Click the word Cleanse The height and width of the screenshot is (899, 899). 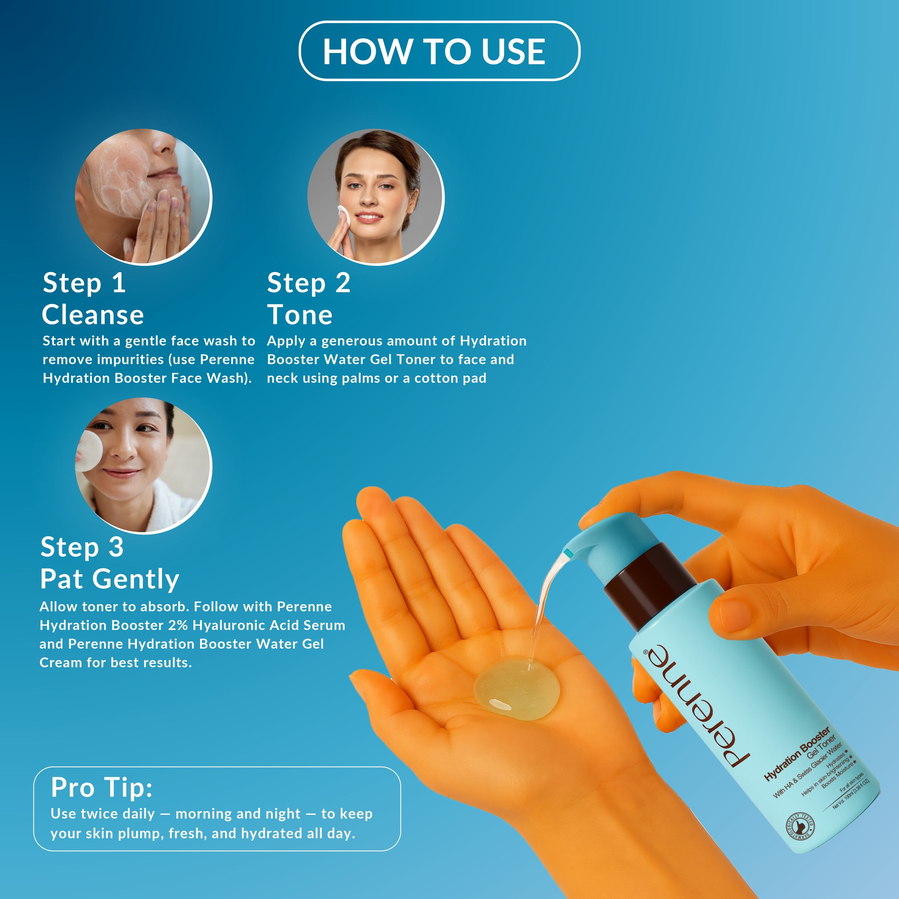pyautogui.click(x=93, y=315)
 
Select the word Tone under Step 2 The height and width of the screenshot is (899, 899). pyautogui.click(x=300, y=315)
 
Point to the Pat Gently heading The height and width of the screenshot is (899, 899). pyautogui.click(x=110, y=579)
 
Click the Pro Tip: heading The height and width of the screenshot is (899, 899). pyautogui.click(x=101, y=787)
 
